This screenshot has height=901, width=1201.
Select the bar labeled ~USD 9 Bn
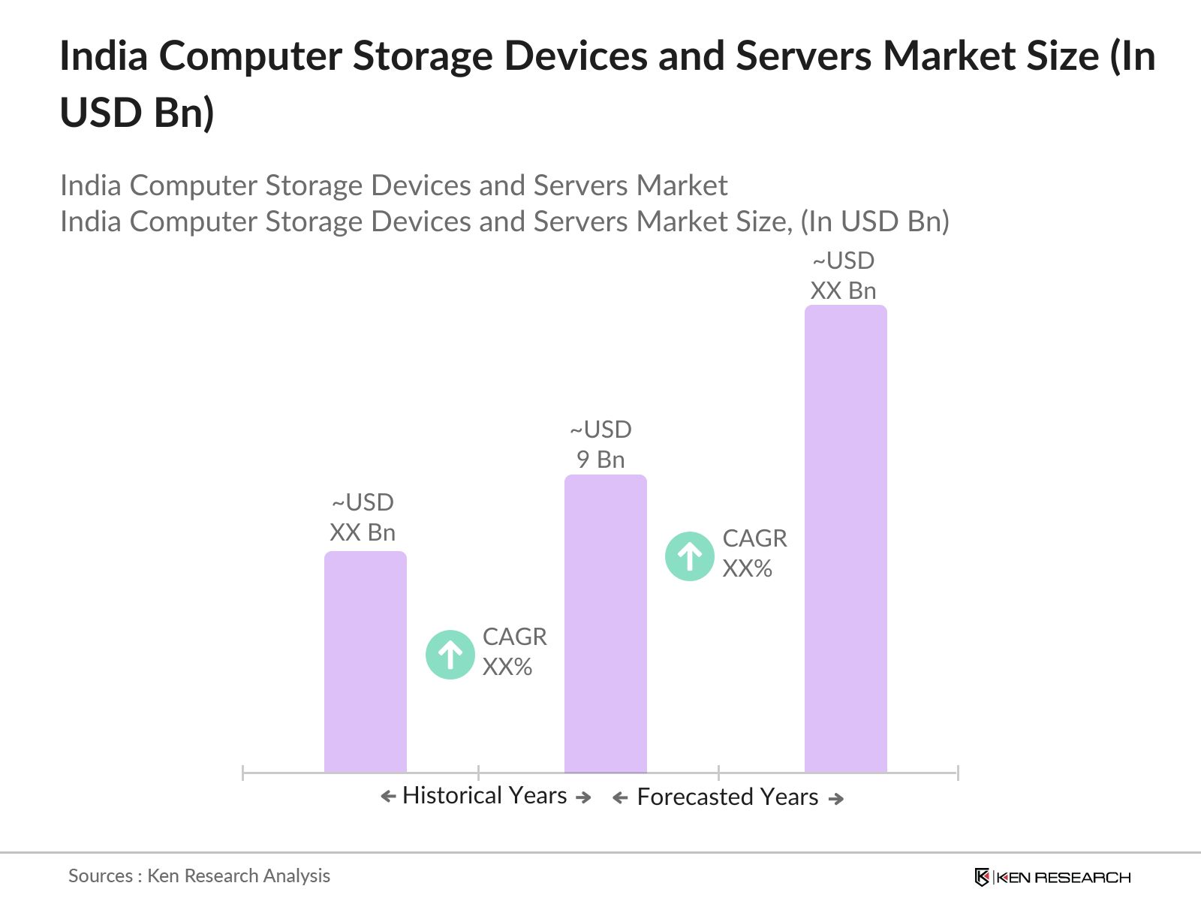[x=605, y=623]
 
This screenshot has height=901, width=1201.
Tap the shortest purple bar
[x=365, y=661]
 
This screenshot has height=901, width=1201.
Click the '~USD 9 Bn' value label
[x=600, y=444]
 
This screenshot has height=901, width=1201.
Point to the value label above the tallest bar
[x=843, y=276]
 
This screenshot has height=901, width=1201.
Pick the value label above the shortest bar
[x=363, y=517]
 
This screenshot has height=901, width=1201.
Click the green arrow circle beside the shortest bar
[x=450, y=655]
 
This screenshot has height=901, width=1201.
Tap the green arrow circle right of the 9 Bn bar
[x=689, y=556]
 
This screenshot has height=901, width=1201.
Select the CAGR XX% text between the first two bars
[x=514, y=652]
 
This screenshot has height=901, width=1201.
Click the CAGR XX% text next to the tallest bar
[x=754, y=553]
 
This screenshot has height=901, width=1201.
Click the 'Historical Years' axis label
[x=484, y=796]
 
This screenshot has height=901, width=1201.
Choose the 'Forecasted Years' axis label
[x=727, y=797]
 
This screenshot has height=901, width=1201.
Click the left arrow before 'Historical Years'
[x=388, y=797]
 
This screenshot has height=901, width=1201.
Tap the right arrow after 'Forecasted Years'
[x=835, y=799]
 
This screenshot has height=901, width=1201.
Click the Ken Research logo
[x=1052, y=877]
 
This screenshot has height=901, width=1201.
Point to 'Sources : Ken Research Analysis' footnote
[x=199, y=875]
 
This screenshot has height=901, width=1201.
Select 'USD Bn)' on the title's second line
[x=137, y=113]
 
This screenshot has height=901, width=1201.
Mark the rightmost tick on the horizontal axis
[x=957, y=772]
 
